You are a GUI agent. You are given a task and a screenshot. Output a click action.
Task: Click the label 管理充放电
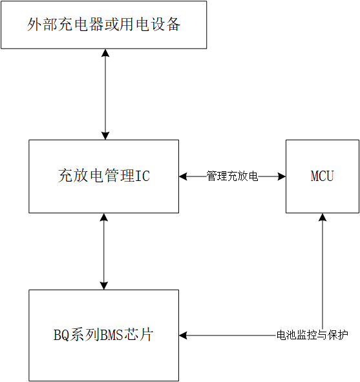coord(232,176)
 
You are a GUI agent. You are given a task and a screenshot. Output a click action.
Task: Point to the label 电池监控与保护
coord(312,335)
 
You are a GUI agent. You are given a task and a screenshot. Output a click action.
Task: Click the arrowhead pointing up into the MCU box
coord(323,217)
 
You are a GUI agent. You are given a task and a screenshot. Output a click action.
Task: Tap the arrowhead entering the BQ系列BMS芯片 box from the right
coord(183,335)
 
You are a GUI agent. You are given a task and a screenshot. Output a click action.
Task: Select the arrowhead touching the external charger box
coord(105,53)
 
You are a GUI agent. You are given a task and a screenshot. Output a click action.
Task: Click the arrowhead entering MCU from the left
coord(282,176)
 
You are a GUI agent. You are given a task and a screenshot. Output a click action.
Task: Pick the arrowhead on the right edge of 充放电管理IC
coord(183,176)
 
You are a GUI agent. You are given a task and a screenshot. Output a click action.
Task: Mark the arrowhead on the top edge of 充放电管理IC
coord(105,136)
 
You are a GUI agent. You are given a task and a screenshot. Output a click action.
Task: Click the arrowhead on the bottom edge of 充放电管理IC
coord(104,217)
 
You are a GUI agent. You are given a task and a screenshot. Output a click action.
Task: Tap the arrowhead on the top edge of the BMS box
coord(104,286)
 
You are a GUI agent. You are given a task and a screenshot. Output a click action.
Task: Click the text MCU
coord(323,176)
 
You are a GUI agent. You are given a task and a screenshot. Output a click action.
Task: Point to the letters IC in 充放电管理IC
coord(142,176)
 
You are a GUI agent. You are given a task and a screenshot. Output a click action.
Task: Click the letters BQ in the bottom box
coord(61,335)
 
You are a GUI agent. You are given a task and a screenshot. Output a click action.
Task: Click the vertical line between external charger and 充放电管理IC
coord(105,94)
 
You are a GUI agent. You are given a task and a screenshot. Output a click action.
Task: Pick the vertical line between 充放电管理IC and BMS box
coord(104,251)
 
